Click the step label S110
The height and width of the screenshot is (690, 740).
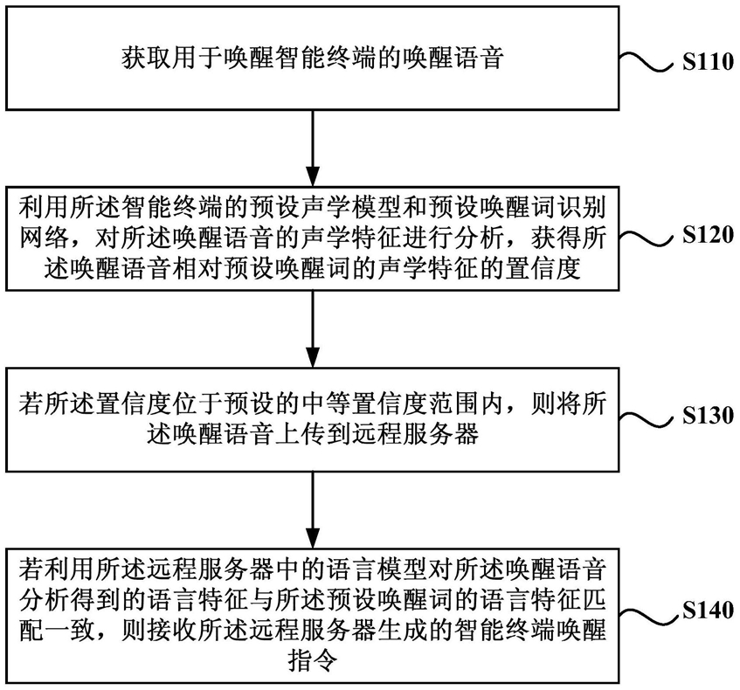pos(708,62)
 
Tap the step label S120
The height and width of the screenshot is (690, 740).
pos(708,235)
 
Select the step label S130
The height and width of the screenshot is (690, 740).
pos(708,416)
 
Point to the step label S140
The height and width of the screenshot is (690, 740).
pos(708,610)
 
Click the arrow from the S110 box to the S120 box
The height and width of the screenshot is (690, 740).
pos(313,148)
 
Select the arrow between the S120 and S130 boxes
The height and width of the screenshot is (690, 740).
pos(313,329)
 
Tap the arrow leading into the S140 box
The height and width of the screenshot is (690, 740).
pos(313,510)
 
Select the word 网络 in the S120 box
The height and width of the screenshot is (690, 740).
pos(45,238)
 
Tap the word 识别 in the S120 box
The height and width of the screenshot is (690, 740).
pos(582,208)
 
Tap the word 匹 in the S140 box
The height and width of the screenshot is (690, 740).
pos(594,600)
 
